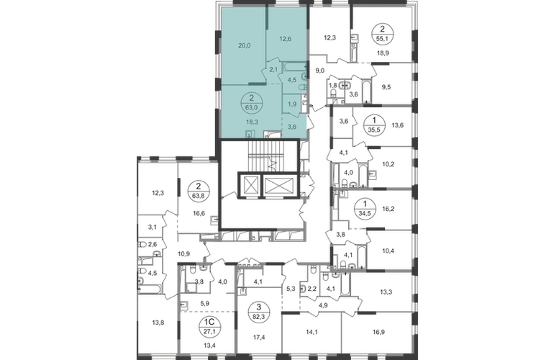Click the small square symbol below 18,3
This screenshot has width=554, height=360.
[x=248, y=133]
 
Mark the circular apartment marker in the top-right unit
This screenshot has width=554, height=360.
[x=379, y=34]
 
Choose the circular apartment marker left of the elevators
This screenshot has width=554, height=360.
[x=198, y=194]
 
